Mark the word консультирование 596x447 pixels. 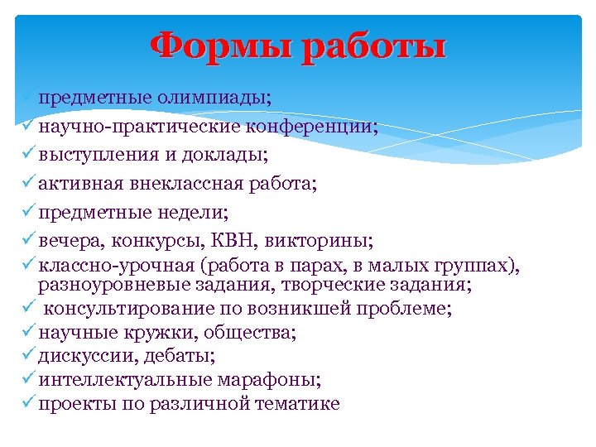coord(129,310)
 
